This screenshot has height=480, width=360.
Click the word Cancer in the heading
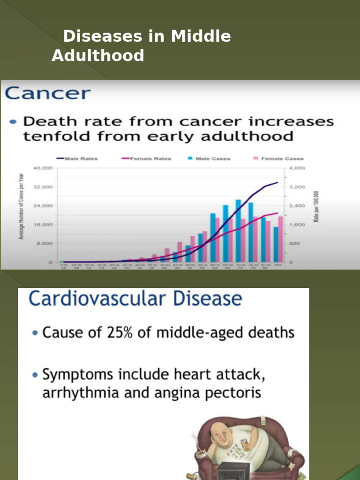[47, 93]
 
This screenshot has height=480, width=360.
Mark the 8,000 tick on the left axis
[45, 244]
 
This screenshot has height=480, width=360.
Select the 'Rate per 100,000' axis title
[316, 207]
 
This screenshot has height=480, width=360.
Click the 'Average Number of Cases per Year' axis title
[21, 206]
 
